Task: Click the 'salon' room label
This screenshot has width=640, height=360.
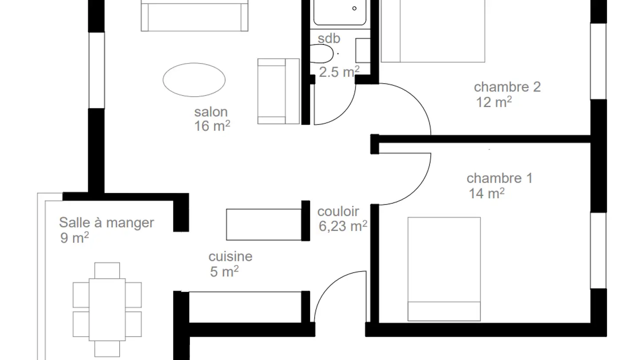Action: pyautogui.click(x=211, y=112)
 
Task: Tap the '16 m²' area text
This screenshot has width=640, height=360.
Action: pyautogui.click(x=212, y=126)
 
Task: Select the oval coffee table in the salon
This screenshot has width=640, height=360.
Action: pyautogui.click(x=194, y=80)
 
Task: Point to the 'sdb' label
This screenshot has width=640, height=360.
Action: pyautogui.click(x=329, y=39)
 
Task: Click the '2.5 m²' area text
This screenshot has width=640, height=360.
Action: pyautogui.click(x=339, y=72)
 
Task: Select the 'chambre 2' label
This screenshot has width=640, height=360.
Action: pyautogui.click(x=507, y=87)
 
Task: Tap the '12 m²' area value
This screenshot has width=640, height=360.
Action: pyautogui.click(x=494, y=102)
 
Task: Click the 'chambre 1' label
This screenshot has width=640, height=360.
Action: pyautogui.click(x=499, y=178)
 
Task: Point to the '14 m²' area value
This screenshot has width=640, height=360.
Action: pyautogui.click(x=486, y=194)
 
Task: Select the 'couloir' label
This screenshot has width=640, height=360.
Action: pyautogui.click(x=338, y=212)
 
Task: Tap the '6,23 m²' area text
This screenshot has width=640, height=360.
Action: pyautogui.click(x=343, y=226)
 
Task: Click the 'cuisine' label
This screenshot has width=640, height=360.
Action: pyautogui.click(x=230, y=256)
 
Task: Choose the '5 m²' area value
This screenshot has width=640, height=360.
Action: pyautogui.click(x=224, y=272)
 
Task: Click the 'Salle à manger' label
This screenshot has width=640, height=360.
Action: pyautogui.click(x=107, y=222)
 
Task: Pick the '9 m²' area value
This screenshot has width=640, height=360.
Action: pyautogui.click(x=74, y=238)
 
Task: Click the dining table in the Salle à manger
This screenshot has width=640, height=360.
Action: pyautogui.click(x=107, y=309)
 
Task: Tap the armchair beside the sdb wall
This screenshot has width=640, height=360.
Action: pyautogui.click(x=278, y=91)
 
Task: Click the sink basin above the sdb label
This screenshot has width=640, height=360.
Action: pyautogui.click(x=340, y=12)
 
